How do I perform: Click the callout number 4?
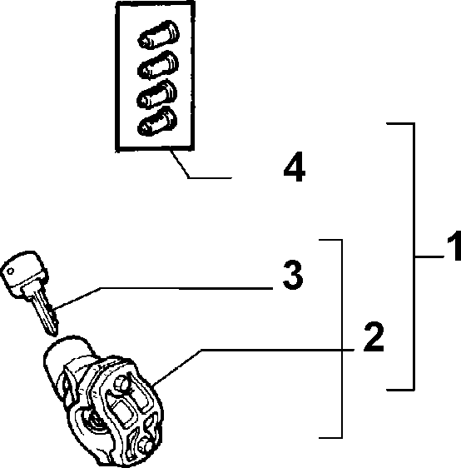[x=295, y=167]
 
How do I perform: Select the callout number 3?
[x=293, y=275]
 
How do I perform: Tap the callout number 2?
[x=374, y=336]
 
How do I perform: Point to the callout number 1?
[x=454, y=246]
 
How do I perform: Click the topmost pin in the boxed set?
[x=159, y=34]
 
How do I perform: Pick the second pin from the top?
[x=158, y=65]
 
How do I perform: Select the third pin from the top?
[x=156, y=93]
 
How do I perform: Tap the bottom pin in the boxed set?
[x=157, y=122]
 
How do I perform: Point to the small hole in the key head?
[x=11, y=271]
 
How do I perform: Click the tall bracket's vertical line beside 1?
[x=414, y=256]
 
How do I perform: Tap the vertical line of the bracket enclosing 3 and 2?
[x=341, y=338]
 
